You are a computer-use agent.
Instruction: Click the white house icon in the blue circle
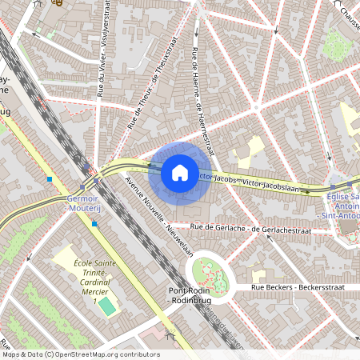pyautogui.click(x=179, y=173)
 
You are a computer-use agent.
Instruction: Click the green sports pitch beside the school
pyautogui.click(x=106, y=306)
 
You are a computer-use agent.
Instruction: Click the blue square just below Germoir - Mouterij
pyautogui.click(x=94, y=224)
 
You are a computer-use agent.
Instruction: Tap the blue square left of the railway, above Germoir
pyautogui.click(x=50, y=179)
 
